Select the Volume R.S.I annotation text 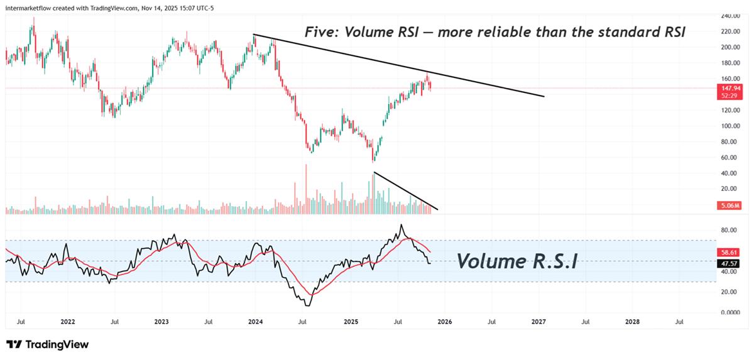pyautogui.click(x=516, y=261)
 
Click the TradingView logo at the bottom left pyautogui.click(x=47, y=344)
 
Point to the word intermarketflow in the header pyautogui.click(x=29, y=7)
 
